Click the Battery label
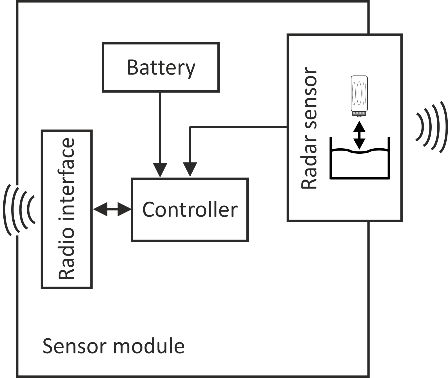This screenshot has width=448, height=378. point(161,68)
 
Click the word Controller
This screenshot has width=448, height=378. point(190,210)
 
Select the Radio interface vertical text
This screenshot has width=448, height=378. point(67,209)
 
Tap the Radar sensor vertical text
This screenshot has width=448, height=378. point(309,128)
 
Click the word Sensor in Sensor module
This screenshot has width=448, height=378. point(73,346)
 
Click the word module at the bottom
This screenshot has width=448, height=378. point(149,346)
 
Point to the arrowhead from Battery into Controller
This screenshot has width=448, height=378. point(160,170)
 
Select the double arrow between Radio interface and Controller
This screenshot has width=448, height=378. point(112,209)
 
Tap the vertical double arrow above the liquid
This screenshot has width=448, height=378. point(359,135)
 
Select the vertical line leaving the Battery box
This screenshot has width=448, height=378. point(160,127)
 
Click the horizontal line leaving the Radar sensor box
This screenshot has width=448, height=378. point(239,128)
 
